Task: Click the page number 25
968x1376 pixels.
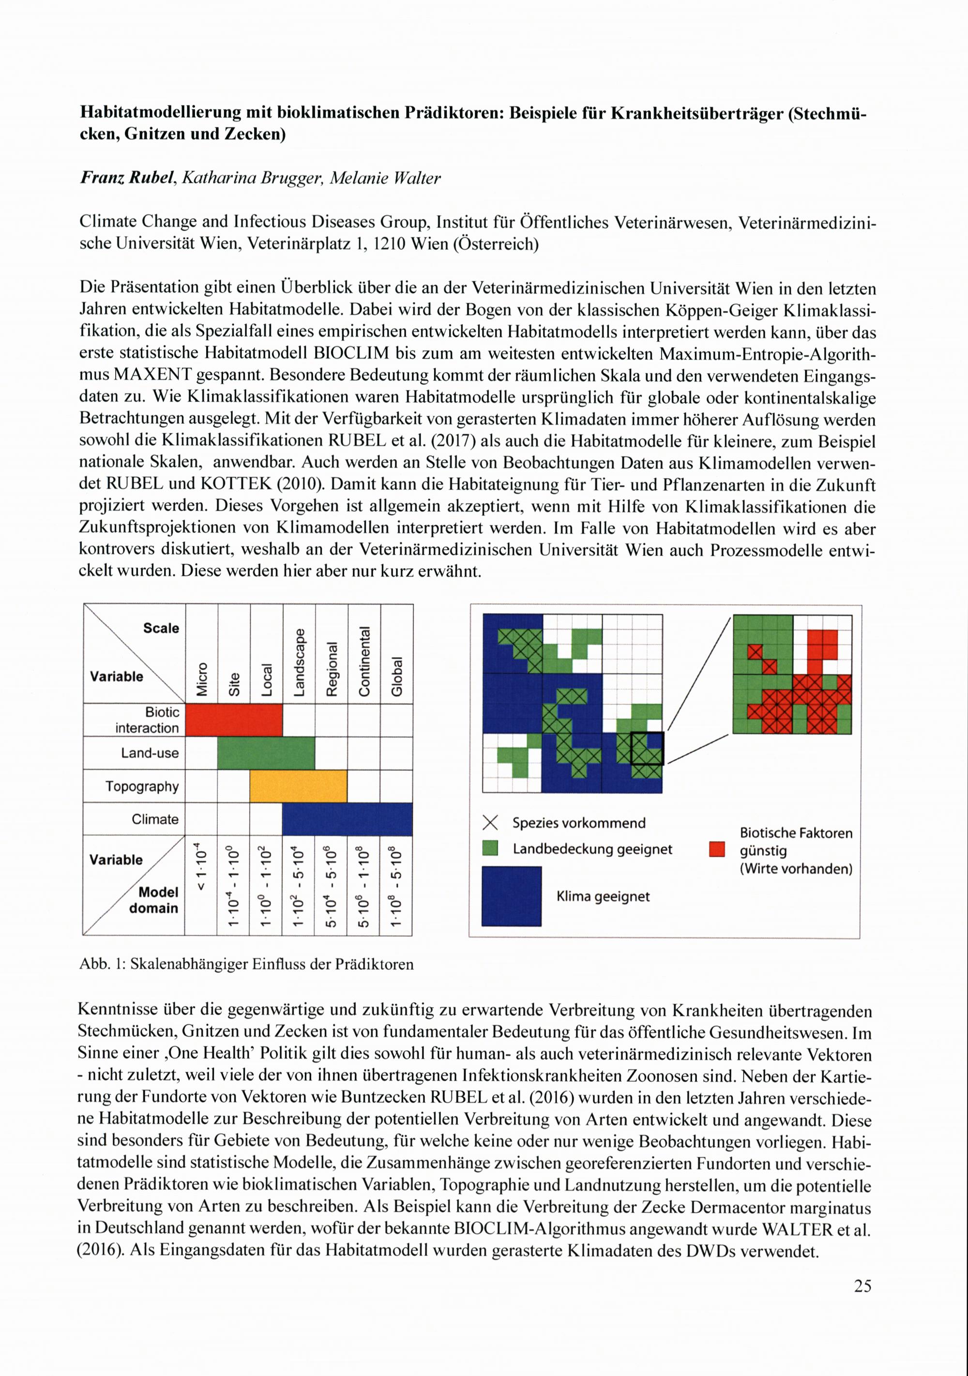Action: pyautogui.click(x=862, y=1285)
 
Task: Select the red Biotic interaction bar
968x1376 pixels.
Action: pyautogui.click(x=234, y=719)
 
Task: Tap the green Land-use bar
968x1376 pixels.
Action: pyautogui.click(x=266, y=753)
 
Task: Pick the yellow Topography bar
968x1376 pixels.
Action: pyautogui.click(x=298, y=786)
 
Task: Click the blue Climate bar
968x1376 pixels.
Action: pyautogui.click(x=347, y=818)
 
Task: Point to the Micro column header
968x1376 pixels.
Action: pyautogui.click(x=202, y=679)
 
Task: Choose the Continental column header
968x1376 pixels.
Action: pyautogui.click(x=364, y=662)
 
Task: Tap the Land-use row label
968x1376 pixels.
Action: pyautogui.click(x=150, y=753)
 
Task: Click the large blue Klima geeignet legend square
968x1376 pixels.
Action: pyautogui.click(x=511, y=896)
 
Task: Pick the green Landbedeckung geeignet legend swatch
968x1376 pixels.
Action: pyautogui.click(x=490, y=848)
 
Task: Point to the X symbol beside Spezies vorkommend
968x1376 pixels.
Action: pyautogui.click(x=490, y=823)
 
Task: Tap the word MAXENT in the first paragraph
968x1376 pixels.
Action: pyautogui.click(x=152, y=375)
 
